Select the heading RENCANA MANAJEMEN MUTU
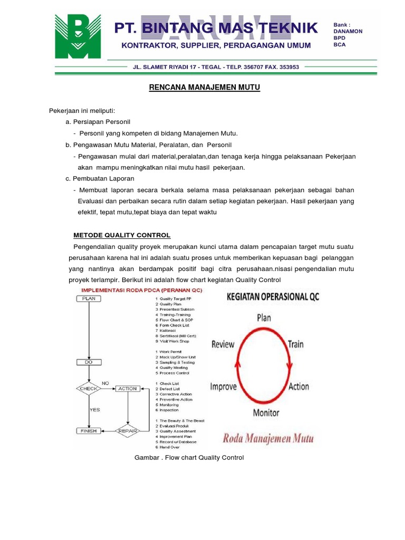pos(204,88)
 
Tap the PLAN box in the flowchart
pos(89,298)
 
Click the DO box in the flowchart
pos(89,362)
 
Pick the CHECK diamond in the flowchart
pos(89,389)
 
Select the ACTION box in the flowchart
pos(127,389)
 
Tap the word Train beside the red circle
pos(295,344)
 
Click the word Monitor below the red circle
pos(266,413)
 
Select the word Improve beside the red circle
pos(224,387)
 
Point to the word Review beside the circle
pos(223,344)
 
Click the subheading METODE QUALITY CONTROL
pos(121,235)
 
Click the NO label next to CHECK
pos(105,383)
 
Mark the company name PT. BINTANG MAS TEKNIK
pos(216,27)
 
